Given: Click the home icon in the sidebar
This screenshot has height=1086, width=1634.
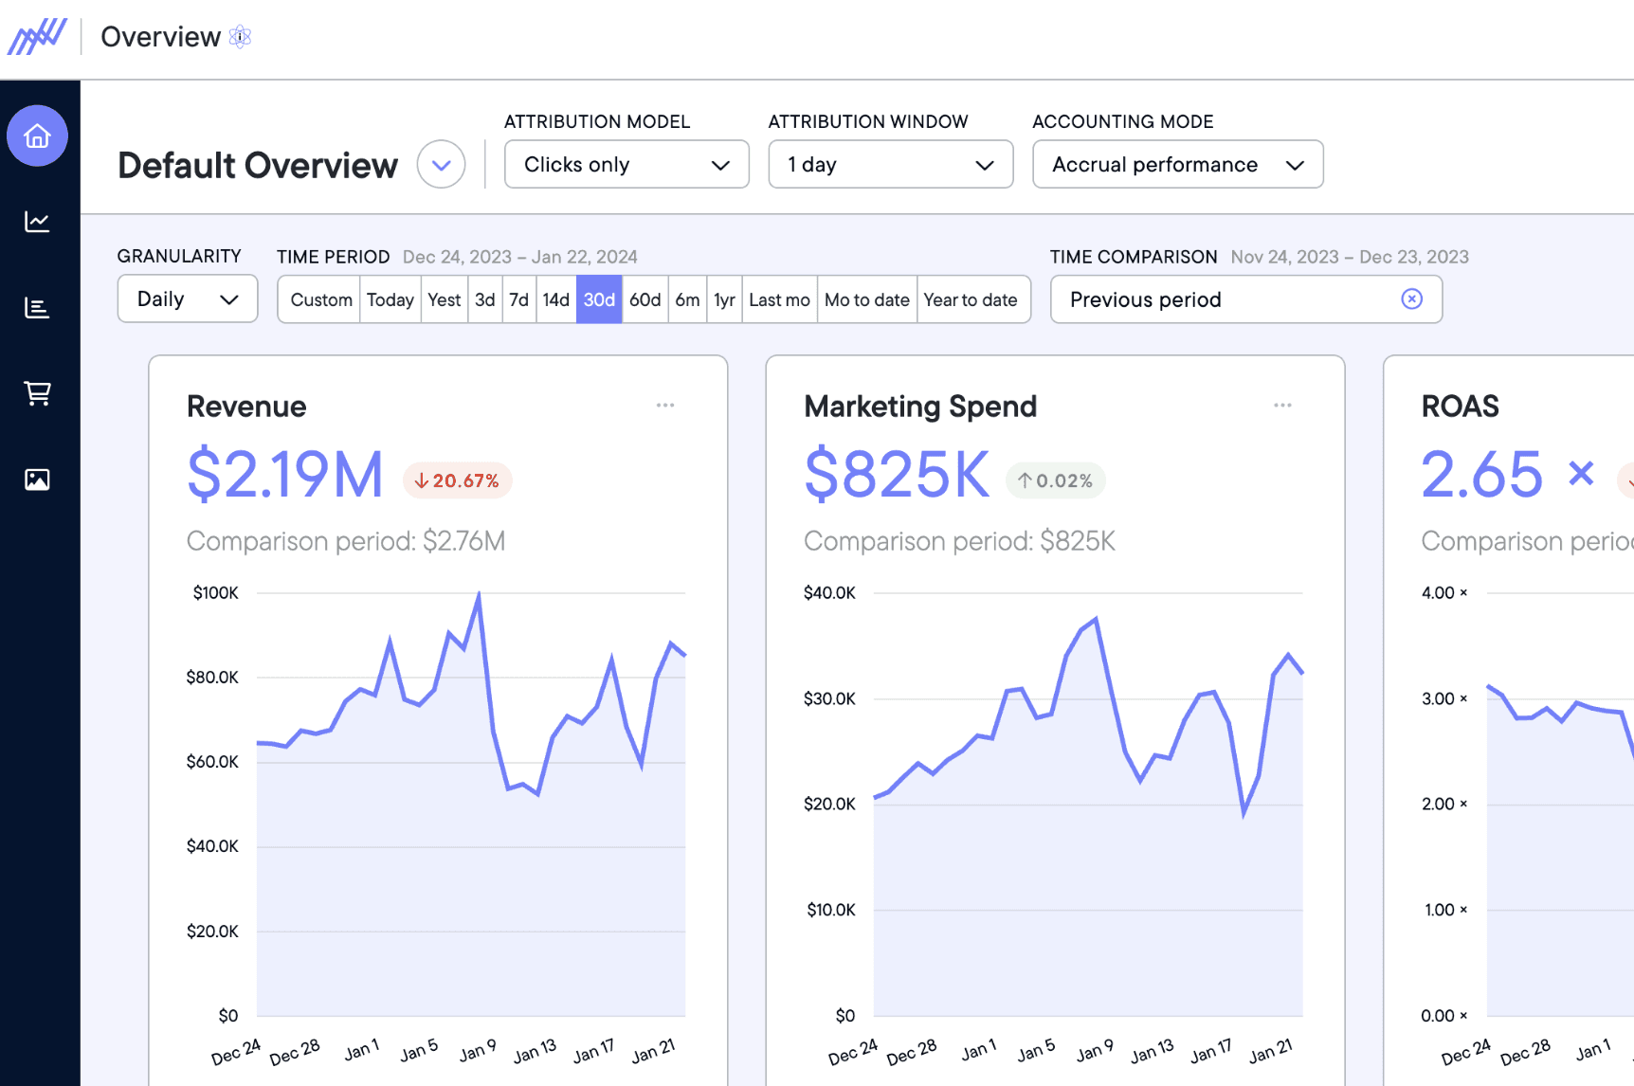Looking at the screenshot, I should tap(37, 136).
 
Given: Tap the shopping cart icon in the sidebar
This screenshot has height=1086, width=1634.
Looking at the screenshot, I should tap(37, 393).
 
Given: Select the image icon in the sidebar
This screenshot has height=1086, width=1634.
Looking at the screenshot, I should tap(37, 480).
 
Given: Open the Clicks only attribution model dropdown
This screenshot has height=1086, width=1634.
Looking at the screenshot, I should tap(626, 165).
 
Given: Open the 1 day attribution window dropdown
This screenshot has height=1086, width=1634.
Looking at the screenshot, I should tap(890, 165).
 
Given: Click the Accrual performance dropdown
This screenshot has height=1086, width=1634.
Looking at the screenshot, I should tap(1177, 165).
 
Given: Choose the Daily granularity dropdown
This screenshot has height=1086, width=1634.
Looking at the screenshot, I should tap(187, 299).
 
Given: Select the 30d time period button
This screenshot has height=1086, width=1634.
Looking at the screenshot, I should tap(599, 299).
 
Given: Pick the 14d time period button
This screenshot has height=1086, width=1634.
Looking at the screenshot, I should tap(555, 299).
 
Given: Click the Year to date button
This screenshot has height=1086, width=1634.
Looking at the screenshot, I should tap(971, 299).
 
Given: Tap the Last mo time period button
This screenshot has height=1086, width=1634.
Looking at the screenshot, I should tap(779, 299).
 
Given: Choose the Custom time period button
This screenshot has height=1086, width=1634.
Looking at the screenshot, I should tap(320, 299).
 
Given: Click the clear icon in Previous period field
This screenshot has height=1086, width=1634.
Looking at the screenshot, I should tap(1411, 299).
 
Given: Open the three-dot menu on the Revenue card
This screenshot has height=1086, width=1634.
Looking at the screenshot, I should tap(665, 406).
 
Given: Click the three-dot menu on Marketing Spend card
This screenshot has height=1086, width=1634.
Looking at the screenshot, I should tap(1282, 406).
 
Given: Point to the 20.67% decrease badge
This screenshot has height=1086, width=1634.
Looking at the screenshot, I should tap(458, 480).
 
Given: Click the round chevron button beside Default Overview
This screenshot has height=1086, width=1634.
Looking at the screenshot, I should tap(442, 165).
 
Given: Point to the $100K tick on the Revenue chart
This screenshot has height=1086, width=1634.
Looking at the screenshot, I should tap(215, 593).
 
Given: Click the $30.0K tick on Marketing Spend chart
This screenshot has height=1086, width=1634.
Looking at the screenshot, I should tap(829, 699).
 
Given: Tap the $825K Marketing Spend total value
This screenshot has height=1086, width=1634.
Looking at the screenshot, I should tap(897, 475).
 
